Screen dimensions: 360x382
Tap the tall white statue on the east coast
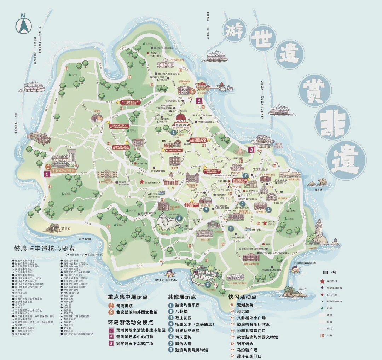[319, 230]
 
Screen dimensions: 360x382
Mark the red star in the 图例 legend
[322, 281]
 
